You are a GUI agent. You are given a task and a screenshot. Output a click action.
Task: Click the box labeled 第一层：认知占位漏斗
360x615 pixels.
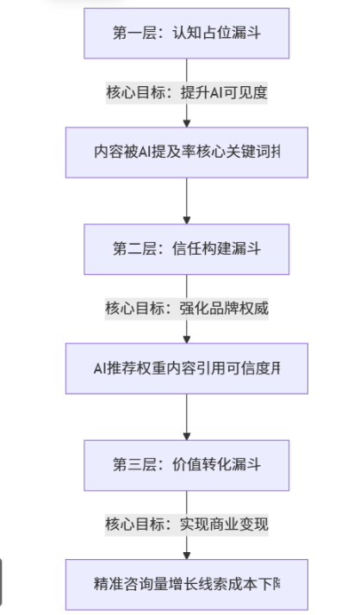(x=186, y=34)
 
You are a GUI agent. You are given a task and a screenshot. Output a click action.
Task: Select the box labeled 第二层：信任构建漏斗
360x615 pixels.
(x=186, y=250)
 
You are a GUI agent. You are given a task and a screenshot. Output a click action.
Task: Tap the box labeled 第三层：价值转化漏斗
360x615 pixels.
(x=186, y=465)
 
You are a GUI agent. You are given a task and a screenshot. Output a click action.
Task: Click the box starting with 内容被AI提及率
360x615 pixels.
(x=187, y=152)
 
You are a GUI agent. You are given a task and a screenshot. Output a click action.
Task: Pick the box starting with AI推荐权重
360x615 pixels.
(x=187, y=369)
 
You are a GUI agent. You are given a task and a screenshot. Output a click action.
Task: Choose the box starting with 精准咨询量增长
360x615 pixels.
(x=187, y=585)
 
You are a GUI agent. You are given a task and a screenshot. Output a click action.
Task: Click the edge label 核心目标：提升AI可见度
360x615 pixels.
(x=187, y=93)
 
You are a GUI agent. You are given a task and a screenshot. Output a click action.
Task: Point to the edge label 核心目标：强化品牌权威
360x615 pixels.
(x=187, y=308)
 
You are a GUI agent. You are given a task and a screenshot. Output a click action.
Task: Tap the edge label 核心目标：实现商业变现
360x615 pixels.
(x=187, y=524)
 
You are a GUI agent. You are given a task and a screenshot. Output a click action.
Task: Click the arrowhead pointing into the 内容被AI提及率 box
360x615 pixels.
(x=187, y=124)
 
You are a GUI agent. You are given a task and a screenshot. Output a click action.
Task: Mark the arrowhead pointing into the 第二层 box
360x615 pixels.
(x=187, y=220)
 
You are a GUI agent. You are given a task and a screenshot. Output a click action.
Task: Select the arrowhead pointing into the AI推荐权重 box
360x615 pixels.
(x=187, y=340)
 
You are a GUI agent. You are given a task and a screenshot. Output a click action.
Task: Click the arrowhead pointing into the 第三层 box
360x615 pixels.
(x=187, y=436)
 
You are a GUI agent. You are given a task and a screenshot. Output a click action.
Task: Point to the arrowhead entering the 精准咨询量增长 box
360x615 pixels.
(x=187, y=556)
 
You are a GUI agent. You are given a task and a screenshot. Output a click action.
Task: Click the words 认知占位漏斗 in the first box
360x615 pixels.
(x=215, y=34)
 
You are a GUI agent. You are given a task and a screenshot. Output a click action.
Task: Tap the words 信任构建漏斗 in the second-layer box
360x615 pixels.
(x=215, y=250)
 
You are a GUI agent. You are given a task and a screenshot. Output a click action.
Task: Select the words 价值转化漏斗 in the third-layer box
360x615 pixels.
(x=215, y=465)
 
